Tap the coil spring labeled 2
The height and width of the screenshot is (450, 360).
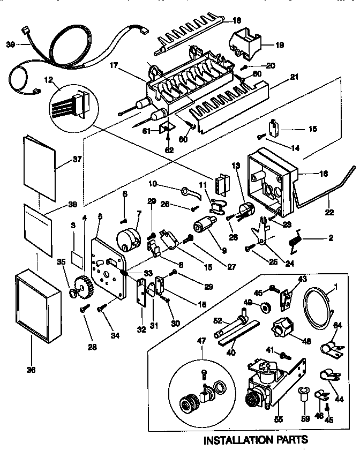pyautogui.click(x=294, y=240)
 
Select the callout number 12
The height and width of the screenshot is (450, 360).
pyautogui.click(x=49, y=80)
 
